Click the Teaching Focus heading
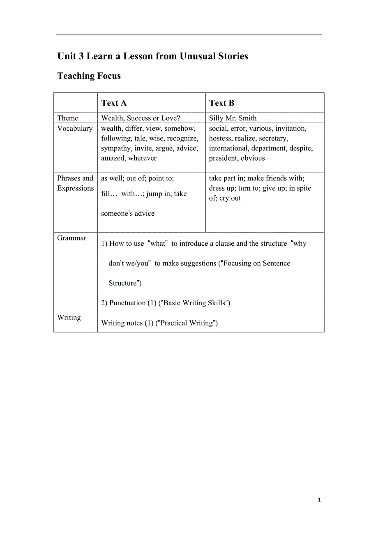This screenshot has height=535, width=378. (89, 76)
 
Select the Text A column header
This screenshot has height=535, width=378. (114, 103)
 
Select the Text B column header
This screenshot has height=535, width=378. (221, 103)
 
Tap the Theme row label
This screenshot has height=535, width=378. (67, 118)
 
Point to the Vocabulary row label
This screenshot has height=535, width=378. (75, 129)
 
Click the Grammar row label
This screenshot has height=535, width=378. (72, 238)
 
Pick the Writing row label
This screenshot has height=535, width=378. (69, 318)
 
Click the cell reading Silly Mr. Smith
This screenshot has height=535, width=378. (233, 118)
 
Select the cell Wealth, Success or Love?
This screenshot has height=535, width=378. (141, 118)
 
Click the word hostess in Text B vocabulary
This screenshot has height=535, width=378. (220, 138)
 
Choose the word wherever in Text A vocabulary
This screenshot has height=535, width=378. (142, 158)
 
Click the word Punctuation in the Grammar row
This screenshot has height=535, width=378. (127, 303)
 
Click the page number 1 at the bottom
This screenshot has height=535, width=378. (319, 500)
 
